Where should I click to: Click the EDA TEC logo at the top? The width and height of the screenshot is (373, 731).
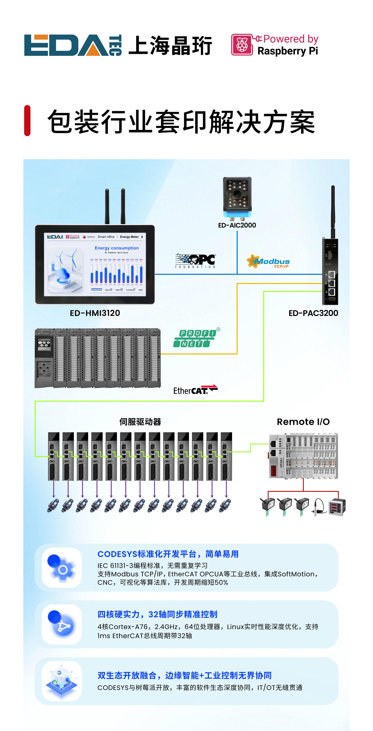point(73,45)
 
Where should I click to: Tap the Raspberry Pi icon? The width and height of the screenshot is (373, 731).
point(242,45)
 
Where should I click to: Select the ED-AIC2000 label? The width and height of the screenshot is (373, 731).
point(237,225)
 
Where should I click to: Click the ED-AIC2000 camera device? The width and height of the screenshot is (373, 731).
point(237,197)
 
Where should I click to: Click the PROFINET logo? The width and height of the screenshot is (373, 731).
point(196,338)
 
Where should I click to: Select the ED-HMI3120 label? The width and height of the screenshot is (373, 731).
point(95,313)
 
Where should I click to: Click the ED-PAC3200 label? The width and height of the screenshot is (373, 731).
point(313,313)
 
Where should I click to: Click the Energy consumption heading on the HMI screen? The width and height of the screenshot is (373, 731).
point(117,248)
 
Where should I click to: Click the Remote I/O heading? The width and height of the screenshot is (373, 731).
point(303,422)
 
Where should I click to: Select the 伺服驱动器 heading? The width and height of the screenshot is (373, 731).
point(140,422)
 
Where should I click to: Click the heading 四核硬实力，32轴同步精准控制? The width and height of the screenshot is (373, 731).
point(157,614)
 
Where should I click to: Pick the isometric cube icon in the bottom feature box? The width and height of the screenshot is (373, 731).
point(62,681)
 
